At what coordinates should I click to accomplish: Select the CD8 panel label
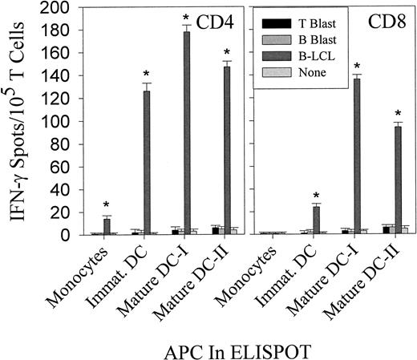[x=383, y=18]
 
